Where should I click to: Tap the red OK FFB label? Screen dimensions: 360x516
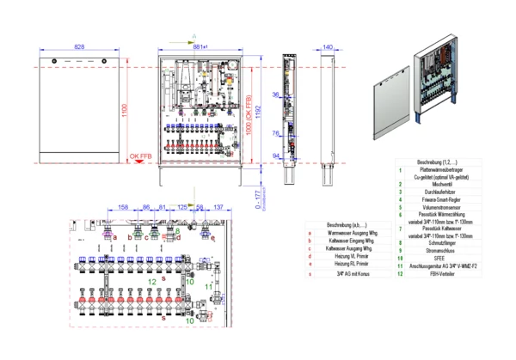(x=141, y=156)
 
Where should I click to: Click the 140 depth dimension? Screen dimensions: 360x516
(x=328, y=48)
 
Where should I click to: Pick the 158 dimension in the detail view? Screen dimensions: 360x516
(x=125, y=207)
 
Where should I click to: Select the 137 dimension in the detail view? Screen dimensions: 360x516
(x=218, y=207)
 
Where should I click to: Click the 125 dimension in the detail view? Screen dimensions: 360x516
(x=183, y=207)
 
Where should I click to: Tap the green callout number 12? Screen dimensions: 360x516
(x=152, y=280)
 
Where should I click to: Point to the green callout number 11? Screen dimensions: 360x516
(x=210, y=284)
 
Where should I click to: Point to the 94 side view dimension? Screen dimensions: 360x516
(x=276, y=156)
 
